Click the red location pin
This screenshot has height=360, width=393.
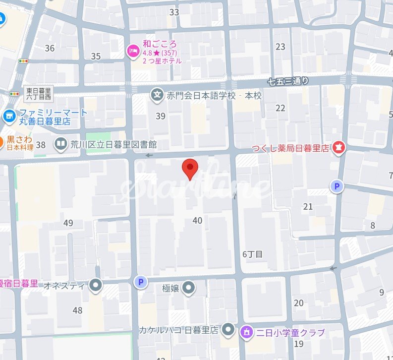(x=190, y=168)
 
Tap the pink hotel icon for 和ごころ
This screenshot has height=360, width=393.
(x=133, y=51)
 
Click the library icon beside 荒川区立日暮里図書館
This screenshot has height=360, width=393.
(x=61, y=144)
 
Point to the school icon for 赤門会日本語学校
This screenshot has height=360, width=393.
(x=157, y=95)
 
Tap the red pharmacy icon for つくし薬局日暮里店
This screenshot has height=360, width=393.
(x=339, y=147)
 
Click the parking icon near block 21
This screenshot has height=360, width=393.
(x=337, y=186)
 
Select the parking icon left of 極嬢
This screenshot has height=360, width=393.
(x=141, y=283)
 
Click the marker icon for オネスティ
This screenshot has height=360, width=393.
(x=95, y=285)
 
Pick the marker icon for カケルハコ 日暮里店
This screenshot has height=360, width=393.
(x=227, y=329)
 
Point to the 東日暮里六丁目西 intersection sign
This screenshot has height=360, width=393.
(x=39, y=93)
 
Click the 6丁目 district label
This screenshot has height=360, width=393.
(x=252, y=254)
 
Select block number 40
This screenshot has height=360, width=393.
(x=197, y=220)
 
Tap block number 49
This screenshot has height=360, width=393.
(x=68, y=223)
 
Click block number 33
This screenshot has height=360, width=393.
(x=174, y=12)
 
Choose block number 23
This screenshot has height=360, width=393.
(x=281, y=47)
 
